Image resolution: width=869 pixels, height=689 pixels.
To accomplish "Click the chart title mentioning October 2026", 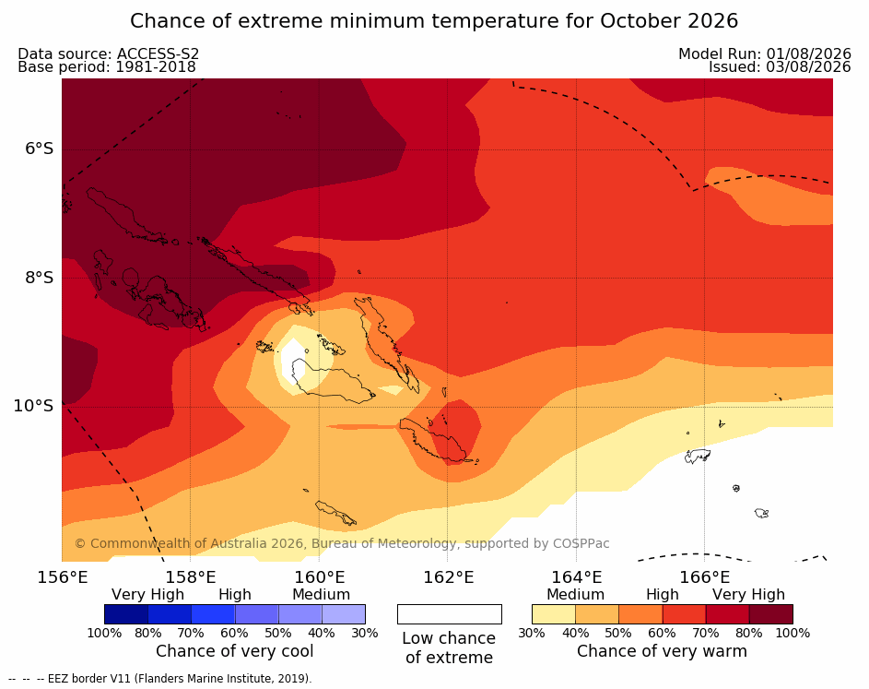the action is point(434,21).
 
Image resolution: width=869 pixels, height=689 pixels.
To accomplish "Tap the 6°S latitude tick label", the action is point(40,148).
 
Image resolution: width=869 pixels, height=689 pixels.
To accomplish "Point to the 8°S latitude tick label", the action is point(40,278).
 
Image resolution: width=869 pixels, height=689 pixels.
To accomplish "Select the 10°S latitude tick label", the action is point(34,406).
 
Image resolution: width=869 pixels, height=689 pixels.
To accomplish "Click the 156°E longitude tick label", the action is point(63,577).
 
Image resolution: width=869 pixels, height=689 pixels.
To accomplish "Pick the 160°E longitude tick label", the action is point(319,577).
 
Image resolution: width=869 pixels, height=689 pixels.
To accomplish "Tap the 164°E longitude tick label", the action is point(576,577).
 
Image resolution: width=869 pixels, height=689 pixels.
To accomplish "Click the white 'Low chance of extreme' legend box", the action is point(450,614).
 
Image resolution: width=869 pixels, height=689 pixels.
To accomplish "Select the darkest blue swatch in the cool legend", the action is point(126,614).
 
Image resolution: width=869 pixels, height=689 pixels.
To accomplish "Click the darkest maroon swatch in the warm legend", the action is point(771,614).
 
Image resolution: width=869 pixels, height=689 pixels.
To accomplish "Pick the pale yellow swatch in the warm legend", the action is point(554,614).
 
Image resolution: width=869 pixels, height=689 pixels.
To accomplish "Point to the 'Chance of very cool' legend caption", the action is point(234,651).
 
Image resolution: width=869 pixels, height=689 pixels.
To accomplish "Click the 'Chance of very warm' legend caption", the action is point(662,651).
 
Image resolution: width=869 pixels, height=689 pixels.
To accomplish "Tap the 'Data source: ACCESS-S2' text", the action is point(109,53).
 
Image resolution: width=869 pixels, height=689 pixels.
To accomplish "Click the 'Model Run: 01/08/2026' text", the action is point(765,53).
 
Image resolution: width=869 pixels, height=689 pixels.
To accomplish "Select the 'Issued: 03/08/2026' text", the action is point(780,67).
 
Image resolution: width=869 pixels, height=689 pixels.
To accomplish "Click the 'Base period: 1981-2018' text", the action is point(107,67).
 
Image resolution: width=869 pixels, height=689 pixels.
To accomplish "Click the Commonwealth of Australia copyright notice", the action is point(342,543).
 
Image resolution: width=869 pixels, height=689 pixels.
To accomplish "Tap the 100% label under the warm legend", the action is point(793,633).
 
